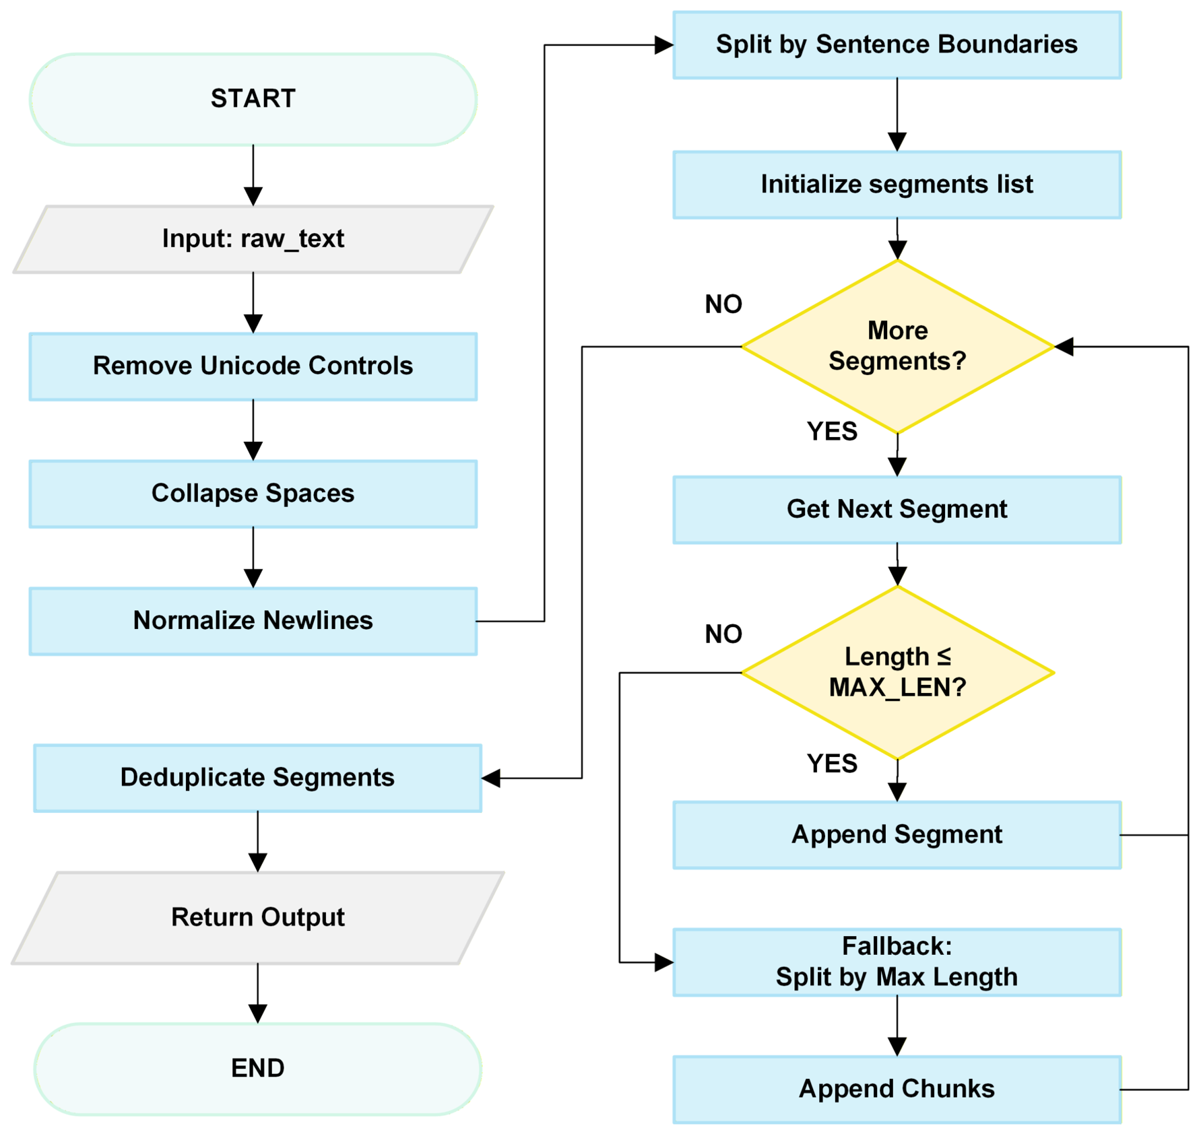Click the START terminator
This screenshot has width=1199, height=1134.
(x=253, y=99)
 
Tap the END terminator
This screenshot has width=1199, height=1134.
(x=257, y=1069)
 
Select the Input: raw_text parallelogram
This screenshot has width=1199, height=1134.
(x=253, y=239)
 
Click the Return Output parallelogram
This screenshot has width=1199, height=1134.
(x=257, y=918)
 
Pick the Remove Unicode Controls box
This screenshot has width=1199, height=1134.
(x=253, y=366)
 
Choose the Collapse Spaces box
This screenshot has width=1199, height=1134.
(x=253, y=494)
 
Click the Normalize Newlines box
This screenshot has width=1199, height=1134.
(x=253, y=621)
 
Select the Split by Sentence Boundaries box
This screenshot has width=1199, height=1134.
(x=897, y=45)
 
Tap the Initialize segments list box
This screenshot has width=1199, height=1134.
(x=897, y=185)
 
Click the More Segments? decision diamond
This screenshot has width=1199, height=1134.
(x=897, y=346)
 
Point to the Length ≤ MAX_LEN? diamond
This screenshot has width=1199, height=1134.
(x=897, y=672)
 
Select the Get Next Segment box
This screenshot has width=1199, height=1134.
(x=897, y=510)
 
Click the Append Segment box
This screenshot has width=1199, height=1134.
(x=897, y=835)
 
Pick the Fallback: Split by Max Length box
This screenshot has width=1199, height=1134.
(x=897, y=962)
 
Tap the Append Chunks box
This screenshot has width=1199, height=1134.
(x=897, y=1090)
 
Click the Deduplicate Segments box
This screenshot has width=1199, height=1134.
(x=257, y=778)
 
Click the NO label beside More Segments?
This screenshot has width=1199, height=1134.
(x=723, y=304)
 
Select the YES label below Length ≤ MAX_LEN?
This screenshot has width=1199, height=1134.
(x=832, y=764)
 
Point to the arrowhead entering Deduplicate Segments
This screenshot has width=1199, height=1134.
(x=491, y=778)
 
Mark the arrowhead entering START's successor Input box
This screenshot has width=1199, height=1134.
(x=253, y=197)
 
